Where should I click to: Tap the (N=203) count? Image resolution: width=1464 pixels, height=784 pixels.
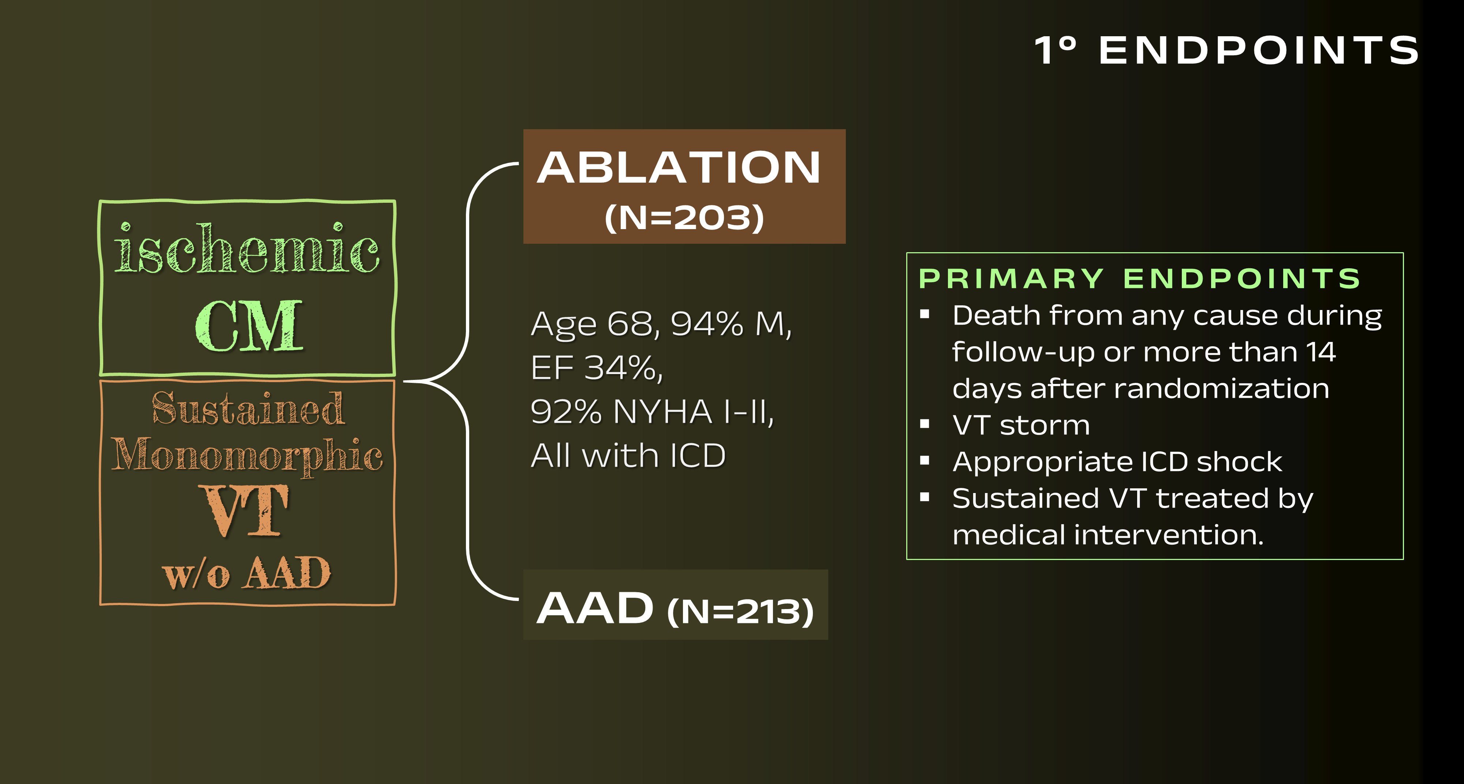point(684,218)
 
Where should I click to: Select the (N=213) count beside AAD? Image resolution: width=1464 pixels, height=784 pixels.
point(740,611)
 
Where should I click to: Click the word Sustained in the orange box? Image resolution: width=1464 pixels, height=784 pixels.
point(248,408)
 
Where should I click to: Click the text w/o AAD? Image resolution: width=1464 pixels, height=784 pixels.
point(247,572)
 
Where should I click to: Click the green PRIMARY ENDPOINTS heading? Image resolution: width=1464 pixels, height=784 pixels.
point(1139,279)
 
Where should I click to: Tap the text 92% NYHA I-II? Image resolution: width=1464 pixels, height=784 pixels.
point(652,412)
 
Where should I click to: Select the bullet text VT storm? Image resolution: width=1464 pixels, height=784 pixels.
point(1021,425)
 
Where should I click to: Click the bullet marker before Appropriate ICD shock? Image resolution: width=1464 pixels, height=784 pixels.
point(925,460)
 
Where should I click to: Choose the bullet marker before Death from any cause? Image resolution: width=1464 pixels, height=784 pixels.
point(925,314)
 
